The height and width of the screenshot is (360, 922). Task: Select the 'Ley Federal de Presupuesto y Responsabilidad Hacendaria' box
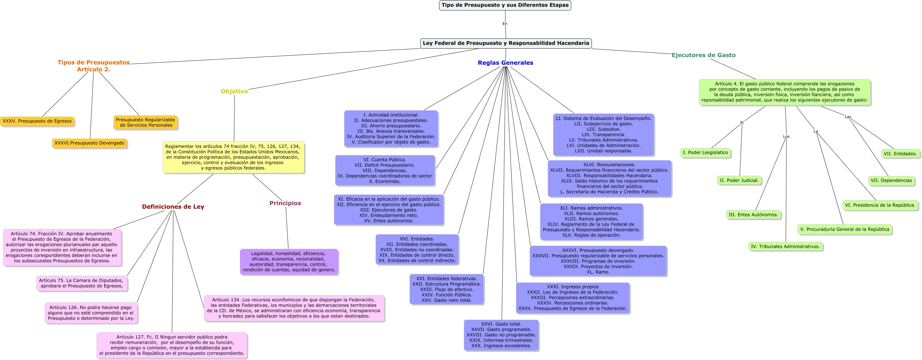click(506, 43)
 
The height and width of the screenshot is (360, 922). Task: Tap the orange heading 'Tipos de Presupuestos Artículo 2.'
click(93, 66)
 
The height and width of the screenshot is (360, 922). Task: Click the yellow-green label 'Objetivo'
click(234, 91)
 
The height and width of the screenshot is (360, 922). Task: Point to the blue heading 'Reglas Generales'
click(505, 63)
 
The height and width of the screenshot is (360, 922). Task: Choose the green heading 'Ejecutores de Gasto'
click(703, 55)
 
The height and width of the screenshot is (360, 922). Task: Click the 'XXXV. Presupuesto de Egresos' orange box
click(37, 121)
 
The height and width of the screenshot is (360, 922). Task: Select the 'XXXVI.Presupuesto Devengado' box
click(90, 143)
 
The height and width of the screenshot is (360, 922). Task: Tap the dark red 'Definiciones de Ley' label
click(173, 207)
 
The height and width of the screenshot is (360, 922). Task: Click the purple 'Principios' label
click(285, 203)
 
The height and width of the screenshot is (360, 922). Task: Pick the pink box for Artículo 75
click(82, 283)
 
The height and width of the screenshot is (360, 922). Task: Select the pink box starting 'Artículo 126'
click(91, 313)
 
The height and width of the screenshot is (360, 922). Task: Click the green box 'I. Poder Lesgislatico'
click(705, 153)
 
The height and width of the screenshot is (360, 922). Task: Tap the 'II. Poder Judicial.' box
click(739, 181)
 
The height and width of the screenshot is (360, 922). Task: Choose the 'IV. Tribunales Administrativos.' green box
click(785, 247)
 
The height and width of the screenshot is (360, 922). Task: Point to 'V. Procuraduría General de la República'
click(845, 229)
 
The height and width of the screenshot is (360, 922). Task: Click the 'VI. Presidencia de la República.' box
click(880, 205)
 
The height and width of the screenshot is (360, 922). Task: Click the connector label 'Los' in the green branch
click(786, 136)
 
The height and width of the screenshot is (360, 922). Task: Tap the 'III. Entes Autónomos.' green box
click(753, 215)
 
